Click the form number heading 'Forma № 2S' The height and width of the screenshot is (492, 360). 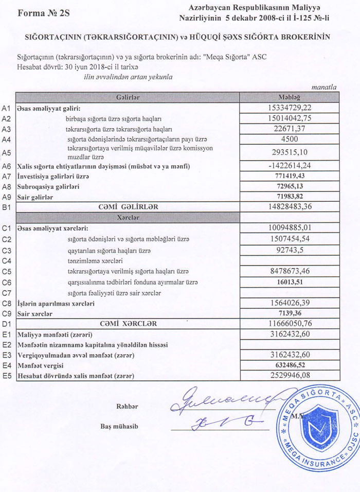[44, 13]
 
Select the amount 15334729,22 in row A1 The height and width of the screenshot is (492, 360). [292, 108]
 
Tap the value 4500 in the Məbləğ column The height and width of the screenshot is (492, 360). [292, 138]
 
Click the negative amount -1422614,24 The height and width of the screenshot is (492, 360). [292, 166]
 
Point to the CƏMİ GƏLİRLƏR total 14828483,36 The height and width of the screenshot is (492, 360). [292, 206]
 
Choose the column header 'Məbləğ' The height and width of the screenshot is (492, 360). [292, 97]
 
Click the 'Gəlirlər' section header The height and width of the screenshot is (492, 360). [128, 97]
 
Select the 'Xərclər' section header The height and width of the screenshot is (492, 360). [128, 217]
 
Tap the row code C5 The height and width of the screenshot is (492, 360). [7, 272]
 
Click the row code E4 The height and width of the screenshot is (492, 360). [7, 366]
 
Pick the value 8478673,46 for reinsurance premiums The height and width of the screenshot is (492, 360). [292, 271]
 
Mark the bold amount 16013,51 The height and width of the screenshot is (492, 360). [292, 282]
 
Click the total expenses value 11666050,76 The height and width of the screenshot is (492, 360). [292, 324]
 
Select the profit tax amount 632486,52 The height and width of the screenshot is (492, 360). [292, 365]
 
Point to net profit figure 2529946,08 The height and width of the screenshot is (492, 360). [292, 376]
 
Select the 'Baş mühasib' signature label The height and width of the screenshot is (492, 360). [120, 427]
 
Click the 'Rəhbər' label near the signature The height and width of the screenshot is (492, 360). [128, 407]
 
